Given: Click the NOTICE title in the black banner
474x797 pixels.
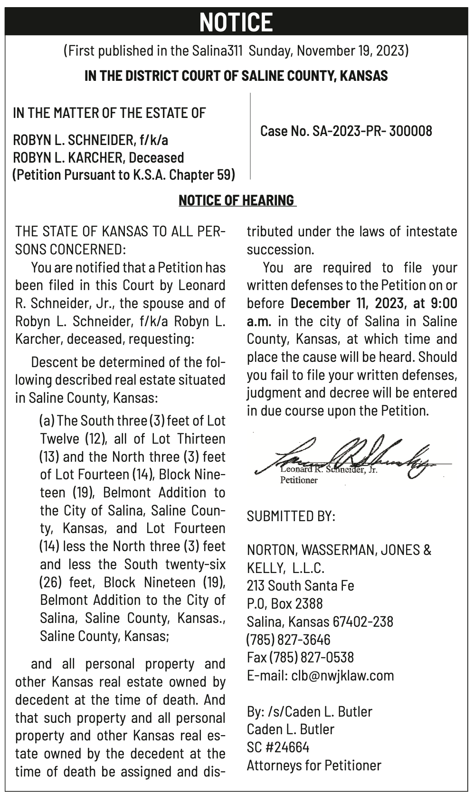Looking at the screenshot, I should pos(236,22).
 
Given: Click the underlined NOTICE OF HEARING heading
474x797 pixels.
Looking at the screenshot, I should pos(237,200).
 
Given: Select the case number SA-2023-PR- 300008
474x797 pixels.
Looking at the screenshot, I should pos(346,131).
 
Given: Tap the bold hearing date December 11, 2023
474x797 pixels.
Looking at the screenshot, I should pos(357,303).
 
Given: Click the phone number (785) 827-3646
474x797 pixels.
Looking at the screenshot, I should pos(288,640).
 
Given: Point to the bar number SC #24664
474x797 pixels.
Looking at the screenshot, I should pos(278,747).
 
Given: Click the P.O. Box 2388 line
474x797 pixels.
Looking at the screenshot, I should pos(284,603).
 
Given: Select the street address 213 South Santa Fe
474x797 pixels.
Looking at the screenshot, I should pos(300,585).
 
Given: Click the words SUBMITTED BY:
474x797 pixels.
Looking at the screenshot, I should pos(291,516).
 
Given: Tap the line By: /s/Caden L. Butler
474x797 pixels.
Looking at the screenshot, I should pos(309,711).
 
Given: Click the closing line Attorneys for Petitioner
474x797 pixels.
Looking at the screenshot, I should pos(314,765).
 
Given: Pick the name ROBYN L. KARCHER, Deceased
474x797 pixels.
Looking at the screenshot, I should pos(98,157).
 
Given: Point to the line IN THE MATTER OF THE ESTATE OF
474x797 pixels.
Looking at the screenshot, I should pos(109,113).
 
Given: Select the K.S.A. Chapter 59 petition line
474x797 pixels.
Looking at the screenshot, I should pos(123,175).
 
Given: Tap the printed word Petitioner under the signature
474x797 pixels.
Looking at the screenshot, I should pos(299,480).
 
